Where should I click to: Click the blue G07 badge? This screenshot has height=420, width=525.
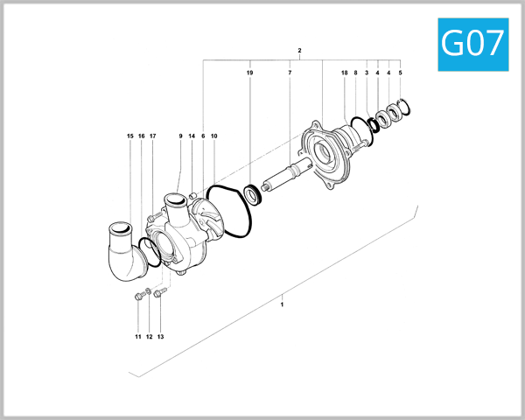[x=473, y=44]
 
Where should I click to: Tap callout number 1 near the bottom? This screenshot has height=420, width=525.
[x=282, y=304]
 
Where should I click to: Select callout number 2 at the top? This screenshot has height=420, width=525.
[x=299, y=51]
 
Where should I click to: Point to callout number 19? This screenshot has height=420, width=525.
[x=249, y=73]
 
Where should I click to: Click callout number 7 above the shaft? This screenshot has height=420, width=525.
[x=290, y=73]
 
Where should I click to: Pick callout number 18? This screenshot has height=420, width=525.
[x=344, y=73]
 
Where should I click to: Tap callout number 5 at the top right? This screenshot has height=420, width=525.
[x=400, y=73]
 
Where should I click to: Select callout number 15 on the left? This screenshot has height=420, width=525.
[x=129, y=136]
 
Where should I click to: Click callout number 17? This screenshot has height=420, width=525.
[x=152, y=136]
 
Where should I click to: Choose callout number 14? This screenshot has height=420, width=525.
[x=192, y=136]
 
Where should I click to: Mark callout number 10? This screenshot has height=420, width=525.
[x=214, y=136]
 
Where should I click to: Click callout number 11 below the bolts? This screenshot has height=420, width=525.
[x=137, y=337]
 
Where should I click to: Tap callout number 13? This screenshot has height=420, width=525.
[x=160, y=337]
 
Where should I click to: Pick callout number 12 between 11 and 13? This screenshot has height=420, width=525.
[x=149, y=337]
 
